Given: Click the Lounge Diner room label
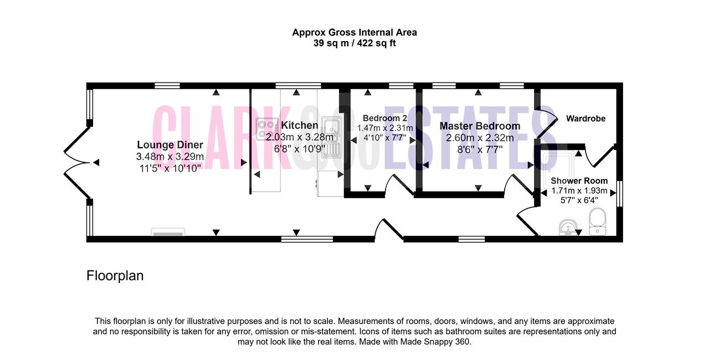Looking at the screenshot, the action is pyautogui.click(x=170, y=145).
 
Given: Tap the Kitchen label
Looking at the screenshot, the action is pyautogui.click(x=300, y=125).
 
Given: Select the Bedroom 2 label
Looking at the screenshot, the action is pyautogui.click(x=385, y=119).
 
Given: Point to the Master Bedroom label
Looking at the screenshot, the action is pyautogui.click(x=480, y=126).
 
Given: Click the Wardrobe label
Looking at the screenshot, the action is pyautogui.click(x=586, y=119).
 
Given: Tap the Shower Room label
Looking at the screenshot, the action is pyautogui.click(x=579, y=181).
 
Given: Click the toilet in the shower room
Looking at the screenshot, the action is pyautogui.click(x=598, y=222).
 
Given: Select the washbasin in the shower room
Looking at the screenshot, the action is pyautogui.click(x=568, y=228).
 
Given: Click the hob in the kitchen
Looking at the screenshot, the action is pyautogui.click(x=266, y=129).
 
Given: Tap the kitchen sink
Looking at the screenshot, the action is pyautogui.click(x=332, y=137).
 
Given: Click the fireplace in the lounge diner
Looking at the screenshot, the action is pyautogui.click(x=168, y=232).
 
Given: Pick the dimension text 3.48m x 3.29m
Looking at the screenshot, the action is pyautogui.click(x=170, y=157).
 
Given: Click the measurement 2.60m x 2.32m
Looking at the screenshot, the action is pyautogui.click(x=480, y=138).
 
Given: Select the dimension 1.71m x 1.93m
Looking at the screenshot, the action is pyautogui.click(x=579, y=191).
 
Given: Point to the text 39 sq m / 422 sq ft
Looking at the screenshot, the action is pyautogui.click(x=354, y=43).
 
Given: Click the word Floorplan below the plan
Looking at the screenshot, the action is pyautogui.click(x=115, y=276).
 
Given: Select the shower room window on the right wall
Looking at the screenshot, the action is pyautogui.click(x=620, y=194).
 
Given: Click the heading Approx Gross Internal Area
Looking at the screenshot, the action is pyautogui.click(x=354, y=32).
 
